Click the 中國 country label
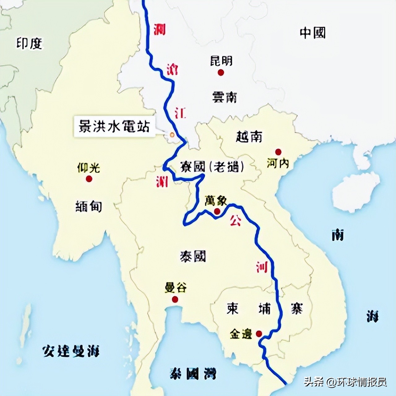click(x=312, y=33)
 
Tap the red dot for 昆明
click(x=221, y=72)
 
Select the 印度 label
click(x=29, y=44)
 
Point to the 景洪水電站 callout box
click(x=114, y=127)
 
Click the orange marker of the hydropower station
click(x=172, y=135)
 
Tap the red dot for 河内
click(x=278, y=152)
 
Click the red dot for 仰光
click(x=89, y=179)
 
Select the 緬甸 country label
click(x=89, y=206)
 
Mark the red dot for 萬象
click(x=217, y=211)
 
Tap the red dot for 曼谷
click(x=175, y=299)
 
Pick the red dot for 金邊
click(x=259, y=333)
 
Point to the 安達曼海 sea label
click(x=71, y=351)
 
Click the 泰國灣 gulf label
click(x=193, y=373)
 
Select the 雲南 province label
click(x=225, y=97)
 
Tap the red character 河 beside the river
click(x=262, y=267)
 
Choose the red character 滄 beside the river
click(x=172, y=70)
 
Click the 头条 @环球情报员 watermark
click(x=345, y=382)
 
